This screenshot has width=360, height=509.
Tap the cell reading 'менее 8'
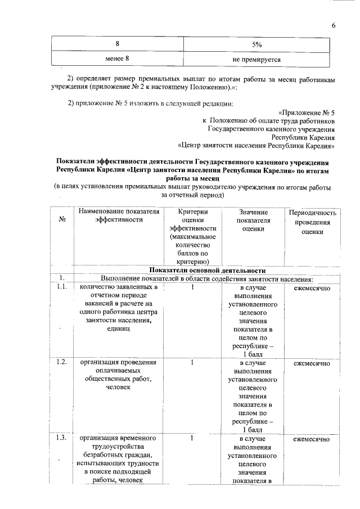click(118, 58)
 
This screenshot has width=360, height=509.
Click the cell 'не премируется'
click(256, 58)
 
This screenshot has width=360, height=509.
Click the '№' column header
click(62, 220)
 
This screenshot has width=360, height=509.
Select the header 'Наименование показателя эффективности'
click(119, 216)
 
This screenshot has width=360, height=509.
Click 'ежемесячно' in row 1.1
click(312, 288)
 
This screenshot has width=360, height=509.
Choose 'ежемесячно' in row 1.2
click(312, 363)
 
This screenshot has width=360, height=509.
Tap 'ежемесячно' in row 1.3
click(312, 438)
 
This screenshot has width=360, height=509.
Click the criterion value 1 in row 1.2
click(192, 363)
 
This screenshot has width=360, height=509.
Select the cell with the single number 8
click(118, 43)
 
